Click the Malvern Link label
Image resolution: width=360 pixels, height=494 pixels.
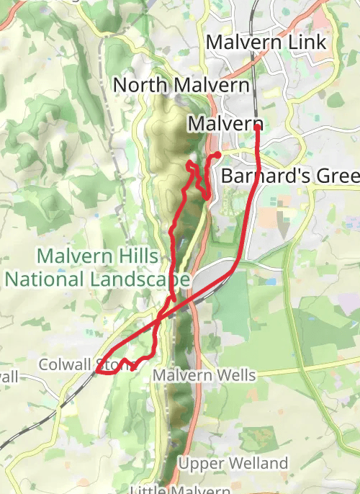(x=266, y=42)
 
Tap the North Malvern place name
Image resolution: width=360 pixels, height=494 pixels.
(x=181, y=85)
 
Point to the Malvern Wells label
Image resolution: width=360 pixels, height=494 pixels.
(x=204, y=375)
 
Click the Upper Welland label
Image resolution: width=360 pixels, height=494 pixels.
(x=233, y=463)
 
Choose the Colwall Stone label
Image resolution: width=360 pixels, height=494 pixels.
(x=87, y=364)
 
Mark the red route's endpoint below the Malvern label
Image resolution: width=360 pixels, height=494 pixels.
(x=257, y=127)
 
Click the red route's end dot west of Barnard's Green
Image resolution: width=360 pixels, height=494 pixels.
(x=217, y=155)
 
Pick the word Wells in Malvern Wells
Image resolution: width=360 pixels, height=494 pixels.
(x=234, y=375)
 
